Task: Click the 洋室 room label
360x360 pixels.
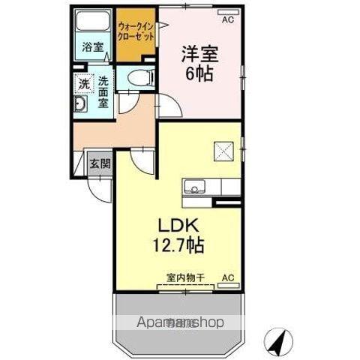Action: pyautogui.click(x=199, y=55)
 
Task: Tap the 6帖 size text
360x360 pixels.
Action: pyautogui.click(x=199, y=74)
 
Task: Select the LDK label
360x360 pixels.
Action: pyautogui.click(x=177, y=225)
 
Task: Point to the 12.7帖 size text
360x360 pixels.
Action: pyautogui.click(x=179, y=245)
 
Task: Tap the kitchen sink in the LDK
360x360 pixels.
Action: pyautogui.click(x=192, y=186)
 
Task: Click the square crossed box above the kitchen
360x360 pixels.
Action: pyautogui.click(x=224, y=151)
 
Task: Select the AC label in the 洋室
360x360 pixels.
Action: pyautogui.click(x=227, y=19)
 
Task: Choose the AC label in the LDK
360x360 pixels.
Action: pyautogui.click(x=228, y=278)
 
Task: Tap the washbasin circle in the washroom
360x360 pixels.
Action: pyautogui.click(x=81, y=103)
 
